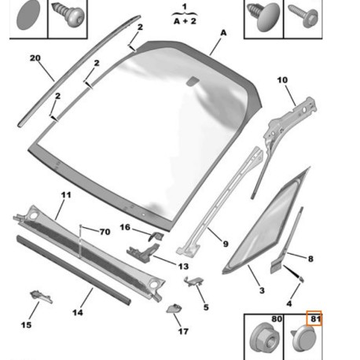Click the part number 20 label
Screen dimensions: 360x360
click(35, 58)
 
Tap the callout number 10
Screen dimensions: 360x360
click(282, 80)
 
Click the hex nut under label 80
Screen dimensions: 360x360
click(264, 337)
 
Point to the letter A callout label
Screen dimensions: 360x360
click(223, 33)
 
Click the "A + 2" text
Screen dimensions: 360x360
click(185, 21)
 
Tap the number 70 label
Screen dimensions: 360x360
click(105, 232)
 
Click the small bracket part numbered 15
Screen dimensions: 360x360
click(41, 296)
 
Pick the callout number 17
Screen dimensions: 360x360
click(183, 332)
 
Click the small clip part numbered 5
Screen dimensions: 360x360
click(194, 281)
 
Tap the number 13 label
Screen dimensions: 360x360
click(183, 266)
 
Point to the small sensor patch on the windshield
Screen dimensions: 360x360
click(192, 81)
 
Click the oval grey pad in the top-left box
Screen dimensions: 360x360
click(28, 14)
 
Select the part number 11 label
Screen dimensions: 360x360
click(66, 195)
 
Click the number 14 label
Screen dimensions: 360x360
click(78, 313)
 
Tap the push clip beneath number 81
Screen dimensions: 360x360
click(304, 338)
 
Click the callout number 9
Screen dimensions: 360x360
click(226, 244)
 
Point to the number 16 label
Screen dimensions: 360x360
click(125, 227)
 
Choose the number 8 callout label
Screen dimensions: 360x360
click(310, 259)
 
